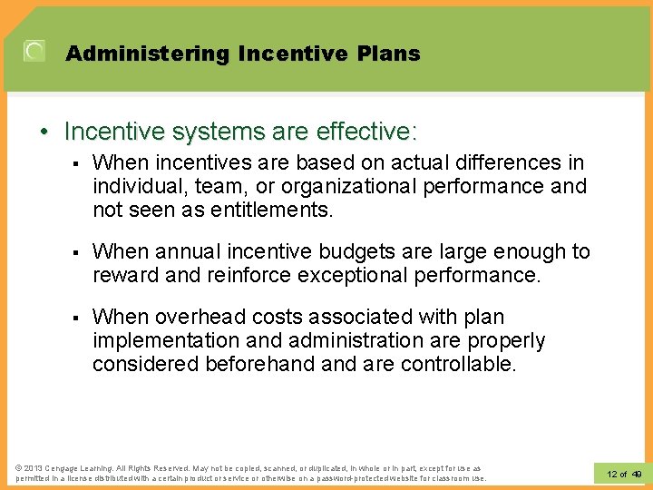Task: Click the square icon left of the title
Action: pyautogui.click(x=34, y=51)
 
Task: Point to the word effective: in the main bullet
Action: pyautogui.click(x=365, y=132)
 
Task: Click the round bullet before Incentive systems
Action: pyautogui.click(x=44, y=133)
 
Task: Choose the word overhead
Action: pyautogui.click(x=197, y=317)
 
